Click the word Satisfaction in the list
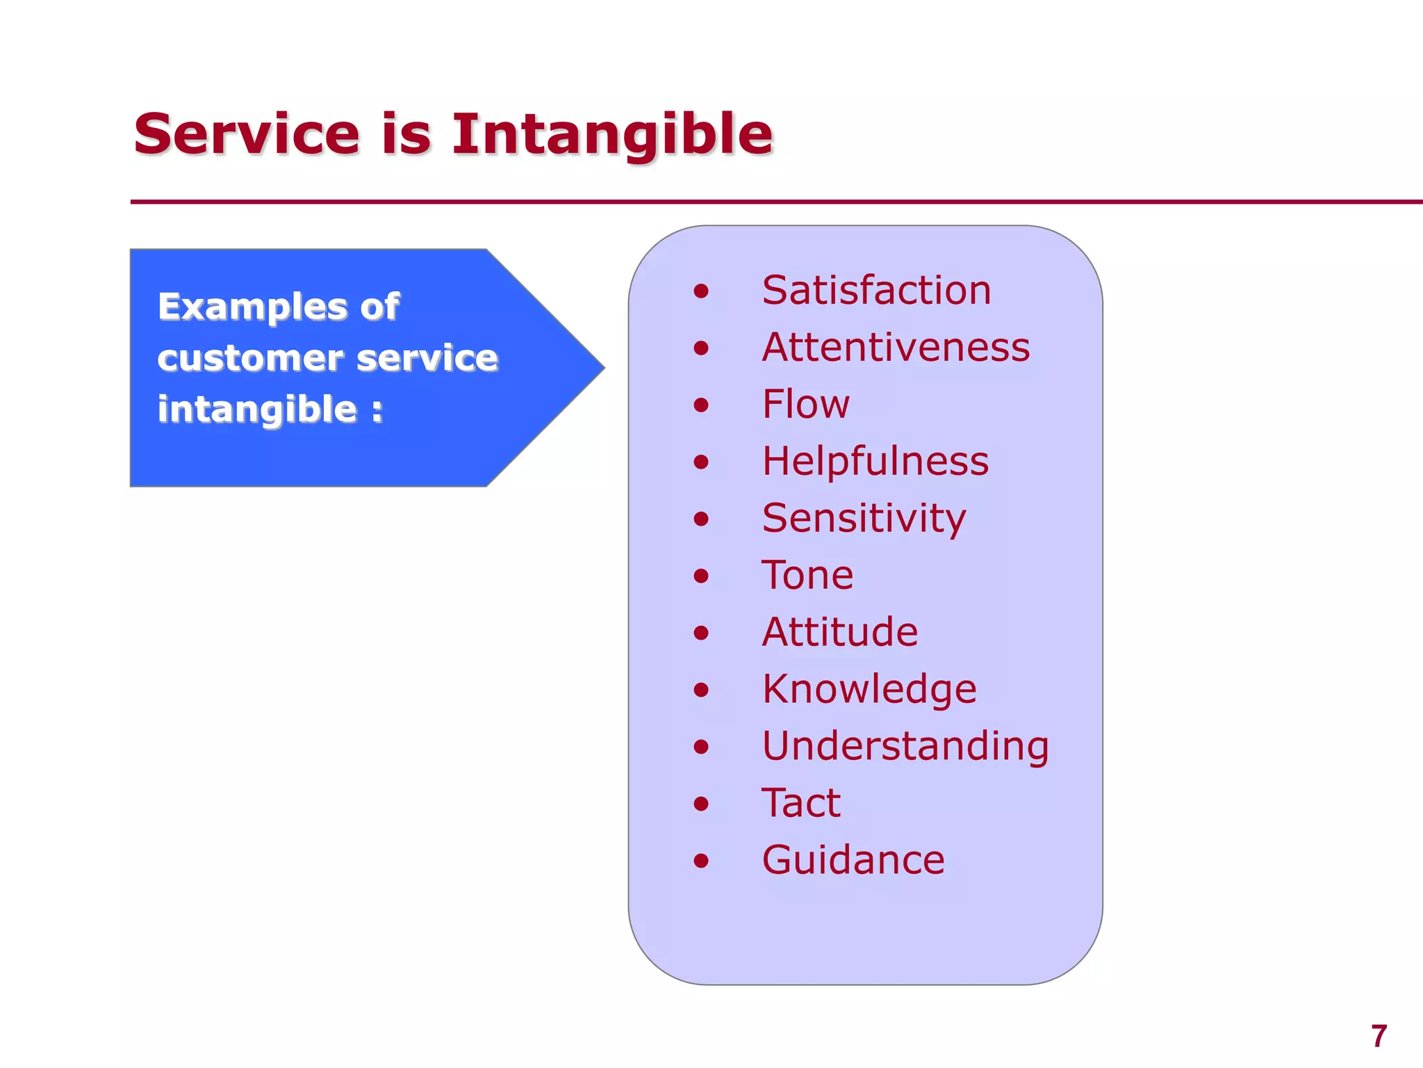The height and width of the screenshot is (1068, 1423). (876, 290)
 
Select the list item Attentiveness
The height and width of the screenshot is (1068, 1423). (896, 347)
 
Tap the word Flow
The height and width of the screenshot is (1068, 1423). (805, 404)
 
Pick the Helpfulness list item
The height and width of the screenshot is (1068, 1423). (875, 461)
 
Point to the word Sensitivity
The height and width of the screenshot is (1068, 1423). (864, 519)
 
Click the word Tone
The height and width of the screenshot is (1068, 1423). (807, 575)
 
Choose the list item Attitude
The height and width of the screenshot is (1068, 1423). (839, 632)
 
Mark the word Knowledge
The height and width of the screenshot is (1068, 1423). (869, 689)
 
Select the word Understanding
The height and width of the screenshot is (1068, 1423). (905, 746)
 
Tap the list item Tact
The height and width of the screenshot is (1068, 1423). (800, 803)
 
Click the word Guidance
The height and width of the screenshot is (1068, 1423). (853, 860)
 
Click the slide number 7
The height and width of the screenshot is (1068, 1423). (1379, 1036)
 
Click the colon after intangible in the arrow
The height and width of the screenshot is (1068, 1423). (377, 410)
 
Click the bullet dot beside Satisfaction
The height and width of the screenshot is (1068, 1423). (701, 291)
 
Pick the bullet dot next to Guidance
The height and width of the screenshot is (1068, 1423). (701, 861)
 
